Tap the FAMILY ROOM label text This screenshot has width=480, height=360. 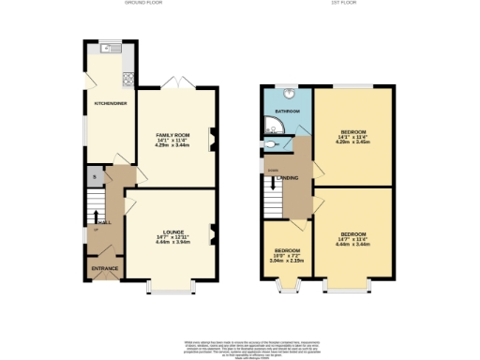point(172,135)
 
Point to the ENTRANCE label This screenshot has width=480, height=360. point(105,269)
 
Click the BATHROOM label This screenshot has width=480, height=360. point(287,112)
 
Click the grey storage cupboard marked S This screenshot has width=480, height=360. point(94,176)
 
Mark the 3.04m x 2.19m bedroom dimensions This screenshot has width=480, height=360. point(286,261)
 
